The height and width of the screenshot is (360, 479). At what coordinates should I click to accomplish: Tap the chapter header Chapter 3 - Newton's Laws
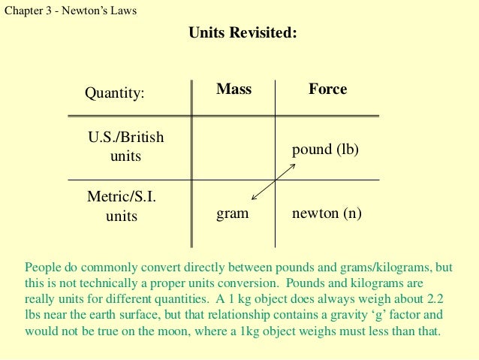point(70,11)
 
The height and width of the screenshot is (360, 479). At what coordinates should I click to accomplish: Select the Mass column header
point(233,89)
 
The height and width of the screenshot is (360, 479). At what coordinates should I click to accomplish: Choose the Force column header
point(327,89)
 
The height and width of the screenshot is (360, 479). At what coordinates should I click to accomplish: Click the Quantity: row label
point(114,94)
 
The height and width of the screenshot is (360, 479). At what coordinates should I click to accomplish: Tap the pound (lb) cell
point(325,150)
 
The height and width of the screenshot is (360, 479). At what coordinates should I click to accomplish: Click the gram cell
point(232,213)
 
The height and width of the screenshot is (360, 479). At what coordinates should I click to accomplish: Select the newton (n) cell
point(327,213)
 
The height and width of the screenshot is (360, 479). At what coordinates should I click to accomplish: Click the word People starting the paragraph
point(43,267)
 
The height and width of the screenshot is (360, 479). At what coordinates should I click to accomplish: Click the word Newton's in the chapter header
point(90,11)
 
